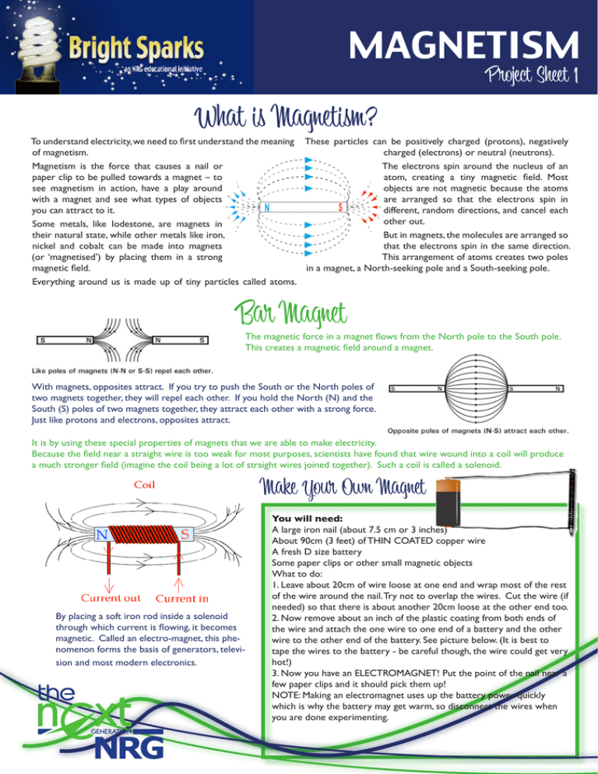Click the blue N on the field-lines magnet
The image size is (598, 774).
(267, 208)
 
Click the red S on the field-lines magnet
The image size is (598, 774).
(340, 208)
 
